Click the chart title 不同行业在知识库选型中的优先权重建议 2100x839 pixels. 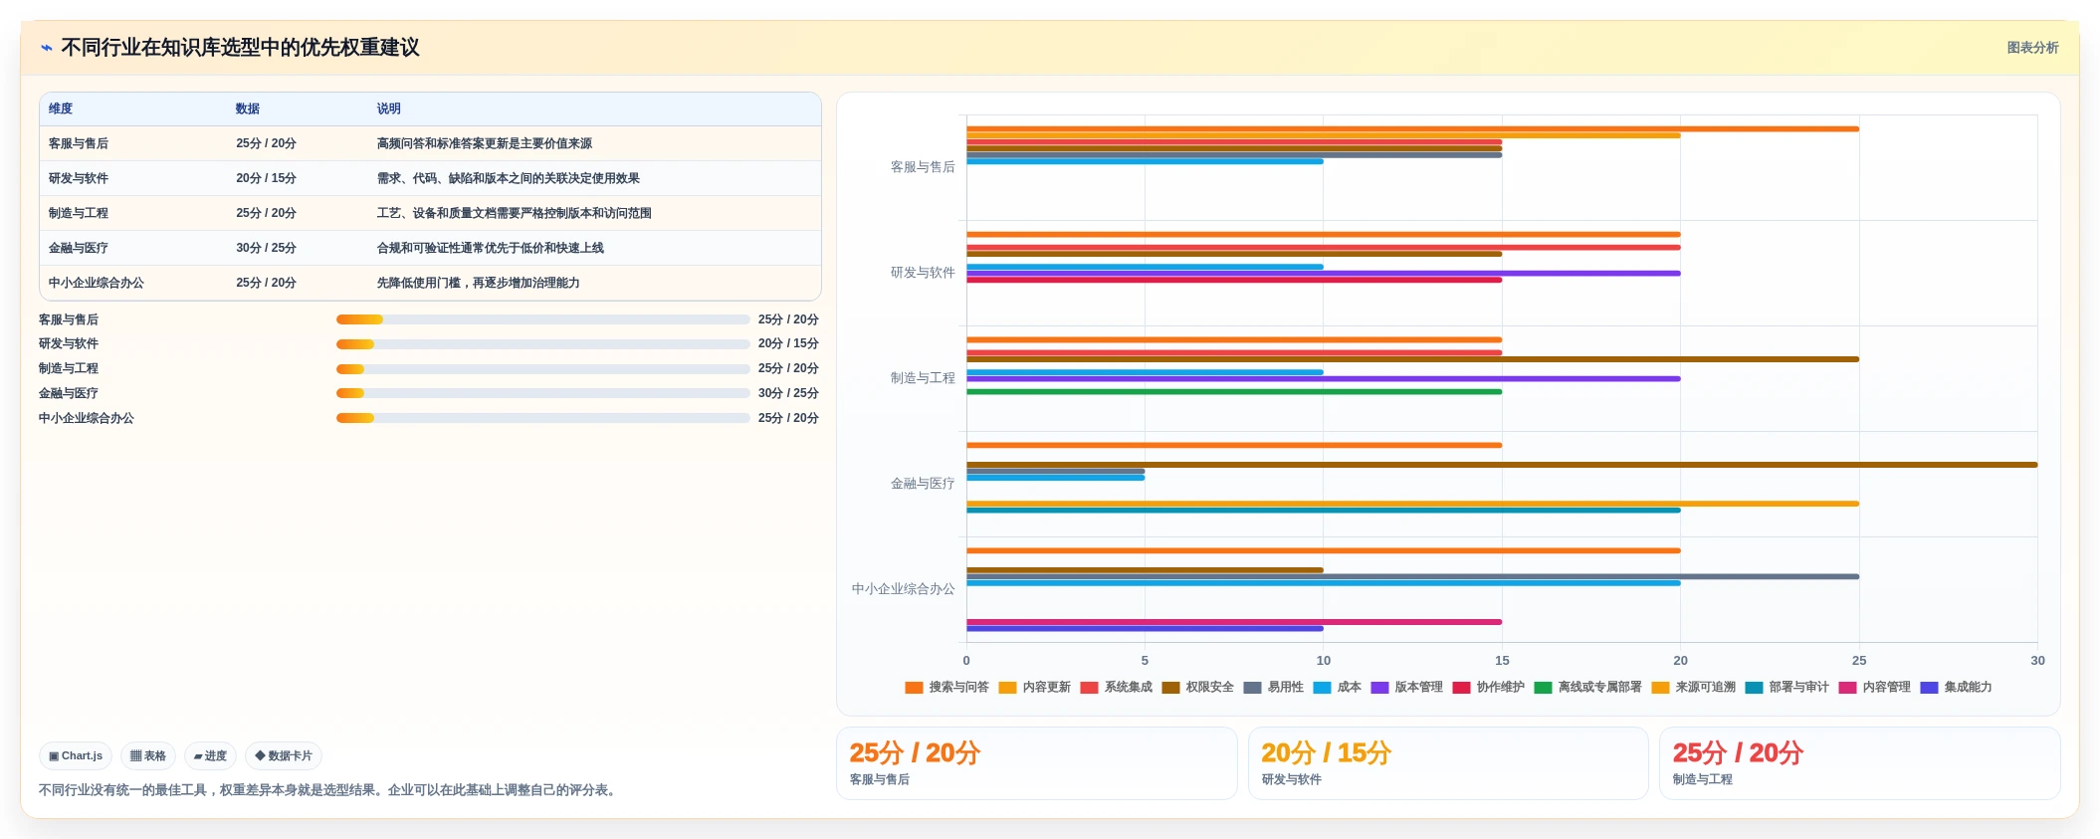coord(240,48)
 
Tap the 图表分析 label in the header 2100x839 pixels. coord(2032,48)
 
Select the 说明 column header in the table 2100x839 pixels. coord(388,108)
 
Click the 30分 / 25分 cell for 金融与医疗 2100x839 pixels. coord(266,248)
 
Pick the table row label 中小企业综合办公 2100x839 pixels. coord(97,283)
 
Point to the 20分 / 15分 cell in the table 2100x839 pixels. coord(266,178)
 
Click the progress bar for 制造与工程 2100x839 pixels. coord(542,369)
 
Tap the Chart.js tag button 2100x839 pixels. coord(76,756)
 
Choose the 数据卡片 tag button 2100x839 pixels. coord(284,756)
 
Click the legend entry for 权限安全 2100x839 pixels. coord(1197,687)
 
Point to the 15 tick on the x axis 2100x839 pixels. coord(1502,660)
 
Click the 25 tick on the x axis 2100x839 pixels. coord(1859,660)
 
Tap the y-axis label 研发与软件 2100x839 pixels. coord(923,273)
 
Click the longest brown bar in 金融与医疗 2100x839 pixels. coord(1502,465)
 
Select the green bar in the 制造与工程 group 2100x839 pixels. coord(1234,392)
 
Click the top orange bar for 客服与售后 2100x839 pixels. coord(1412,129)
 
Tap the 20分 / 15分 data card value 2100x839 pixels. coord(1326,752)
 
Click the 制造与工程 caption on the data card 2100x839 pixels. coord(1702,779)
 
